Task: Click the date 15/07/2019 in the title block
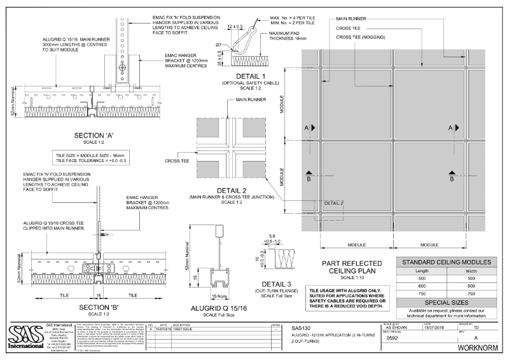436,327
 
